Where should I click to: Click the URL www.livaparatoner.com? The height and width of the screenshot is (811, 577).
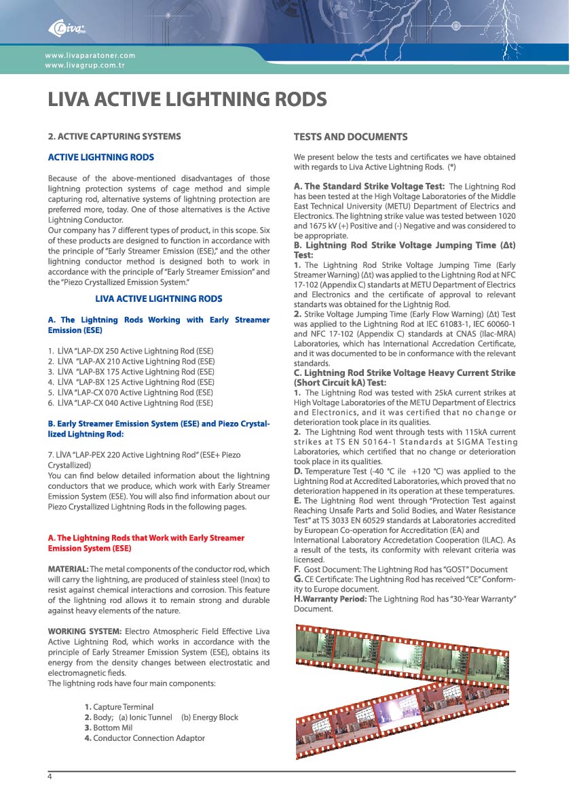click(90, 55)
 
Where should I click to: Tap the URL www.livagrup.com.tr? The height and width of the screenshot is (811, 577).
click(85, 65)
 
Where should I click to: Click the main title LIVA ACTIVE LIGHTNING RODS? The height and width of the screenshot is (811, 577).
click(187, 100)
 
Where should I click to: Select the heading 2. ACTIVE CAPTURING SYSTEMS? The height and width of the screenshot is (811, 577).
click(114, 136)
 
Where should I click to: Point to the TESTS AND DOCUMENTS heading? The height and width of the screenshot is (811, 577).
click(350, 137)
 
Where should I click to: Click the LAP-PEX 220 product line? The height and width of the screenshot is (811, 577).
click(144, 454)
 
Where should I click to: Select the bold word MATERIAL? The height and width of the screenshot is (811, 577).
click(68, 569)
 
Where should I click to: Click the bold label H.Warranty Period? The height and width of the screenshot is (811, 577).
click(330, 599)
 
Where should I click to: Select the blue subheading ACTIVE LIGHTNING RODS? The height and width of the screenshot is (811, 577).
click(101, 158)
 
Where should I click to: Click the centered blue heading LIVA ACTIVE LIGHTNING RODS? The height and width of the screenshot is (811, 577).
click(158, 298)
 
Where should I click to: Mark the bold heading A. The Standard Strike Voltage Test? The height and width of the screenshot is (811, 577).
click(369, 186)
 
